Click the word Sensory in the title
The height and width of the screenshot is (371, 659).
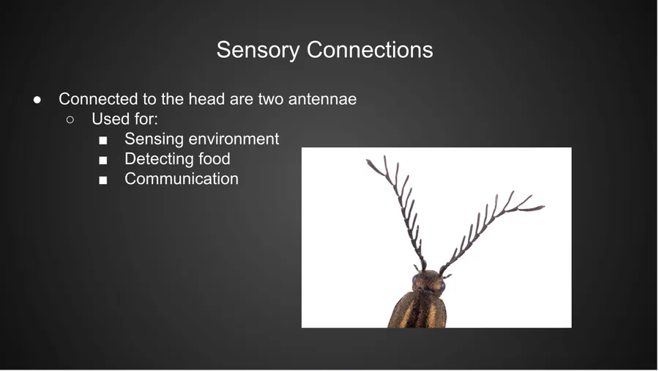pos(258,50)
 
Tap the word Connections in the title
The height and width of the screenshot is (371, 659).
pos(370,50)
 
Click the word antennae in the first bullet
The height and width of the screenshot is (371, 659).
pos(322,99)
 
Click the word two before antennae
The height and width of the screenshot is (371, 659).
pos(271,99)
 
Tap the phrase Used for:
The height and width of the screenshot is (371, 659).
pos(124,119)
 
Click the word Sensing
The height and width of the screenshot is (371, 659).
pos(152,139)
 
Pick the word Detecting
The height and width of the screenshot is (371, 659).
pos(159,159)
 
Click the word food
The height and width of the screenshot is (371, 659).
pos(215,158)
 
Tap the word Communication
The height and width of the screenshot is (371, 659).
pos(182,179)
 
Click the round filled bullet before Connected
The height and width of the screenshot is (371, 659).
pos(37,100)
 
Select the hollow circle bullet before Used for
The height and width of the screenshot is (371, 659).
pos(70,120)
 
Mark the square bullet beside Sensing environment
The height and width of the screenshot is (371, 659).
pos(103,141)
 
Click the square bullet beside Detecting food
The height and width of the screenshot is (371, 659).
pos(103,161)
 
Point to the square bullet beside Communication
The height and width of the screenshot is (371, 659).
pos(103,180)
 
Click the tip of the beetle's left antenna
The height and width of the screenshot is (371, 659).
pos(367,161)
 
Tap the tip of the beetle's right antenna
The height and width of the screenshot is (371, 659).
pos(544,207)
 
